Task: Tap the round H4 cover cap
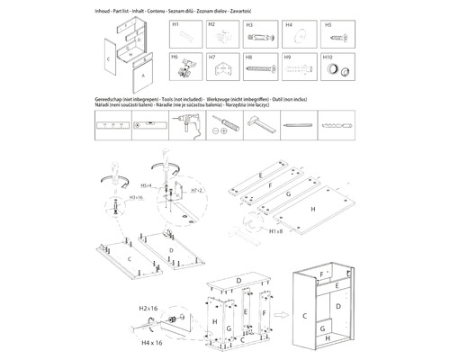tap(298, 38)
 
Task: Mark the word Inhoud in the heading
tap(103, 9)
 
